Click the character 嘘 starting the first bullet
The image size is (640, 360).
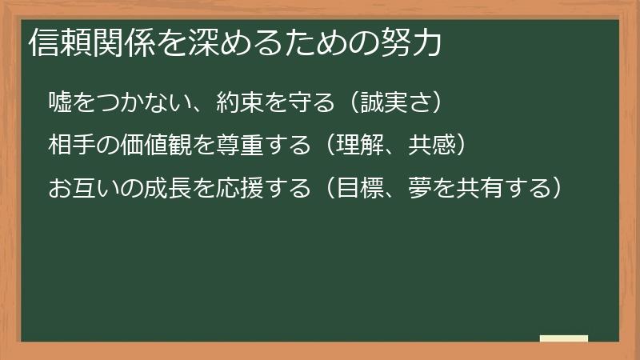coord(60,102)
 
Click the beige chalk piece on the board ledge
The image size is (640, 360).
coord(564,338)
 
